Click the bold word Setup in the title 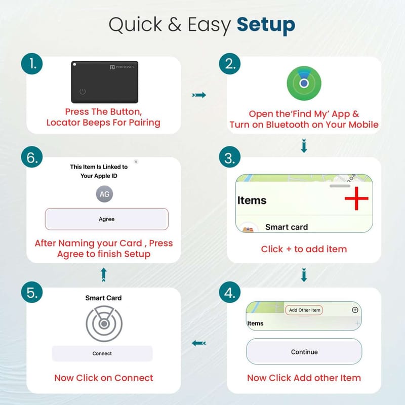click(x=266, y=25)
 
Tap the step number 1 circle click(x=32, y=64)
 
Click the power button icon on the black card click(x=83, y=92)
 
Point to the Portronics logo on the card click(x=122, y=67)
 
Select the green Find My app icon click(x=304, y=83)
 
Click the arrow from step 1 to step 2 click(x=199, y=95)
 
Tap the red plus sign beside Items click(x=356, y=198)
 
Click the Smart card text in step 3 click(x=287, y=227)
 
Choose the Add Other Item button click(x=304, y=310)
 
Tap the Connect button click(x=102, y=353)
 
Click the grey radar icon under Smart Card click(x=104, y=323)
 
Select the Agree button click(x=107, y=219)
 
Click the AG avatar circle click(x=104, y=194)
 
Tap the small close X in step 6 click(x=136, y=161)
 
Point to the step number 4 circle click(x=230, y=292)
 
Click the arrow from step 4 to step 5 click(x=199, y=343)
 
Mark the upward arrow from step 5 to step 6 click(x=104, y=274)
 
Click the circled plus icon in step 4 click(x=355, y=310)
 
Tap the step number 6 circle click(x=32, y=157)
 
